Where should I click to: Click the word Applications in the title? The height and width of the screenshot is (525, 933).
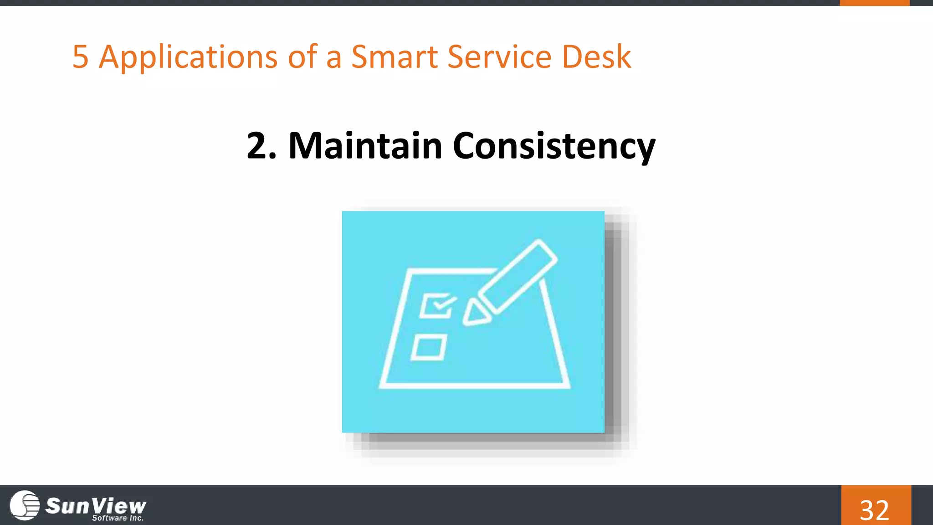pyautogui.click(x=188, y=57)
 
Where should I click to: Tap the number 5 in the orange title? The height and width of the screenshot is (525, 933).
pyautogui.click(x=80, y=57)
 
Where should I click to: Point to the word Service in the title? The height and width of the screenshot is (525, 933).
pyautogui.click(x=499, y=57)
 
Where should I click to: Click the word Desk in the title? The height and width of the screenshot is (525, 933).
pyautogui.click(x=596, y=57)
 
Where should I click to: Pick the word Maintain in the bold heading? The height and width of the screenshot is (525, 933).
pyautogui.click(x=365, y=146)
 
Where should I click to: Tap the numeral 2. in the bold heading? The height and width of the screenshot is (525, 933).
pyautogui.click(x=261, y=146)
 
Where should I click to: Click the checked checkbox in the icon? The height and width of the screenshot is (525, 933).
pyautogui.click(x=436, y=305)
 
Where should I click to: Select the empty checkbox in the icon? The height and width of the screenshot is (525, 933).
pyautogui.click(x=429, y=348)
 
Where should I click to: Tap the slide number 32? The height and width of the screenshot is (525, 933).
pyautogui.click(x=874, y=510)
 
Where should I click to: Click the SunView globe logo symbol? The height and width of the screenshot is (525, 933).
pyautogui.click(x=25, y=505)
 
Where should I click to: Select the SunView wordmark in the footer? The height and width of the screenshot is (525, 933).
pyautogui.click(x=96, y=505)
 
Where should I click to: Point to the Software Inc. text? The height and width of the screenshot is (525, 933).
pyautogui.click(x=118, y=518)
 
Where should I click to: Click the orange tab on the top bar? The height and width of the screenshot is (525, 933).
pyautogui.click(x=874, y=3)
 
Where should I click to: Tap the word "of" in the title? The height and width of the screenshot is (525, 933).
pyautogui.click(x=302, y=57)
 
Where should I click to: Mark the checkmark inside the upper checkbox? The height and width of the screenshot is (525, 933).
pyautogui.click(x=443, y=303)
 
